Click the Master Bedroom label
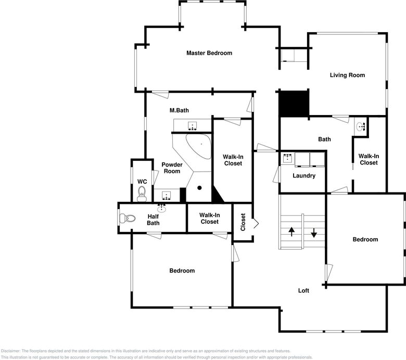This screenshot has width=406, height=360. (209, 53)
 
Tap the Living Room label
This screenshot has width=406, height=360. (347, 75)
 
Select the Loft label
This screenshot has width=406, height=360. (303, 290)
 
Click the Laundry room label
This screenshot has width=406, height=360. (304, 176)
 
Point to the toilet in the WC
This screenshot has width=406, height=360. (142, 194)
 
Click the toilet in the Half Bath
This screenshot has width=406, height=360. (128, 218)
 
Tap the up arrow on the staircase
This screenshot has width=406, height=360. (291, 232)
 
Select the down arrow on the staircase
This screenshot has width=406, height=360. (314, 233)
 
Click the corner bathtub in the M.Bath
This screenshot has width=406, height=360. (199, 146)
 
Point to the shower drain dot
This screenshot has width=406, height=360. (199, 188)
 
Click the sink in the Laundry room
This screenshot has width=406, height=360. (288, 158)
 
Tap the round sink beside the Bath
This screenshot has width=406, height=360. (360, 127)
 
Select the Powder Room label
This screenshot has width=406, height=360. (172, 168)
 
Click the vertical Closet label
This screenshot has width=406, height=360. (243, 222)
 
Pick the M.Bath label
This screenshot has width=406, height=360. (179, 110)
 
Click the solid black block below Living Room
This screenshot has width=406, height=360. (294, 104)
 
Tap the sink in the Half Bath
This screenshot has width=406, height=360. (161, 209)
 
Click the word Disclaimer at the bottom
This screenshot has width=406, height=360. (10, 351)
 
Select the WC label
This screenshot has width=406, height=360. (142, 182)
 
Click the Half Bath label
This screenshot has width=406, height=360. (153, 220)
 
